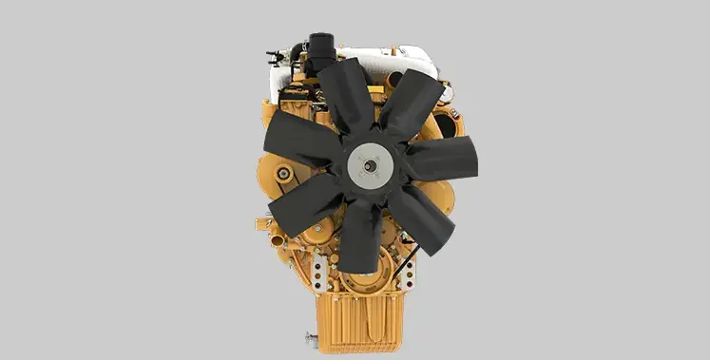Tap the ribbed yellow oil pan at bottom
tap(357, 319)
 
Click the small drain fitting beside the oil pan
tap(308, 337)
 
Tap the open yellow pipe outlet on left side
tap(261, 224)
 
